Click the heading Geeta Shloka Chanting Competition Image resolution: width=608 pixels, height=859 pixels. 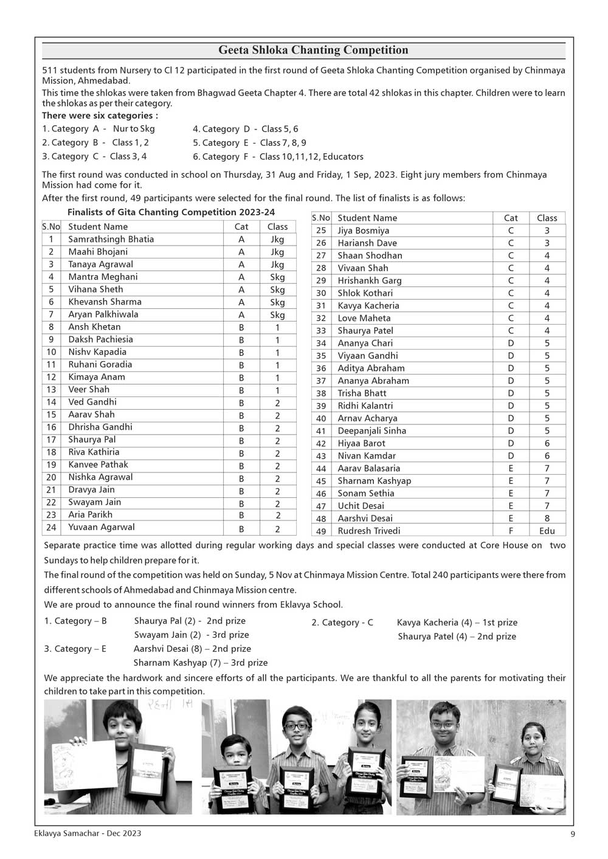point(313,50)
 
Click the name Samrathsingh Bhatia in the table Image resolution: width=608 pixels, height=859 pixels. point(111,240)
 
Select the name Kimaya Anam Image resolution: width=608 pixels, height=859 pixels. point(97,377)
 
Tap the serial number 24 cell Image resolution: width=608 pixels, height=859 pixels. point(51,528)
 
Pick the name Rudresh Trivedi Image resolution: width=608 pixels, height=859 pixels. point(369,531)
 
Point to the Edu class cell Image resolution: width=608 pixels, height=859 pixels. point(547,531)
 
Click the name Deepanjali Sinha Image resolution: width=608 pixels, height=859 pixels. point(372,431)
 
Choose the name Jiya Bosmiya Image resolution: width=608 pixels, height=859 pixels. point(364,231)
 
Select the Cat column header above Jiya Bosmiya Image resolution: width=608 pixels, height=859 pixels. point(511,218)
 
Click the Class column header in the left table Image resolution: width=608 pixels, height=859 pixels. point(277,227)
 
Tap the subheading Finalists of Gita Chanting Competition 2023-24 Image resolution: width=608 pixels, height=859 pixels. point(171,212)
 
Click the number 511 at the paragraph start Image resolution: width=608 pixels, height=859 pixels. point(50,71)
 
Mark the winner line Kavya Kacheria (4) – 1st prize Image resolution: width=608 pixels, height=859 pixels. point(457,623)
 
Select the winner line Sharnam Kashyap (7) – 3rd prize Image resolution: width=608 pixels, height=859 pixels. point(201,663)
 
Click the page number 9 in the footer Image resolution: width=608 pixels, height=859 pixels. point(572,833)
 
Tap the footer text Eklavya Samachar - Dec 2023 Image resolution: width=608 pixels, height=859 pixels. point(88,833)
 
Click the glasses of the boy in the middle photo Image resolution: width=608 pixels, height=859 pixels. point(296,726)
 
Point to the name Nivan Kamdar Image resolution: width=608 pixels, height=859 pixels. point(367,456)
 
